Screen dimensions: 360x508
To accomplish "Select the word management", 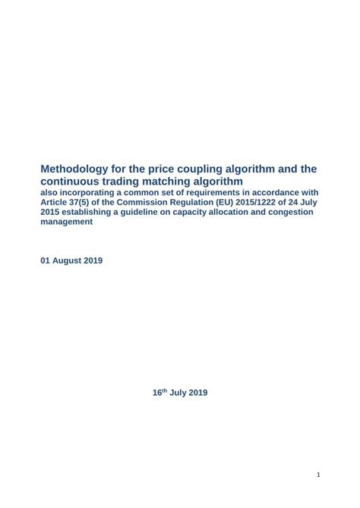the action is (x=68, y=222).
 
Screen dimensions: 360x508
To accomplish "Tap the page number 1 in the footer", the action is (x=318, y=475).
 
